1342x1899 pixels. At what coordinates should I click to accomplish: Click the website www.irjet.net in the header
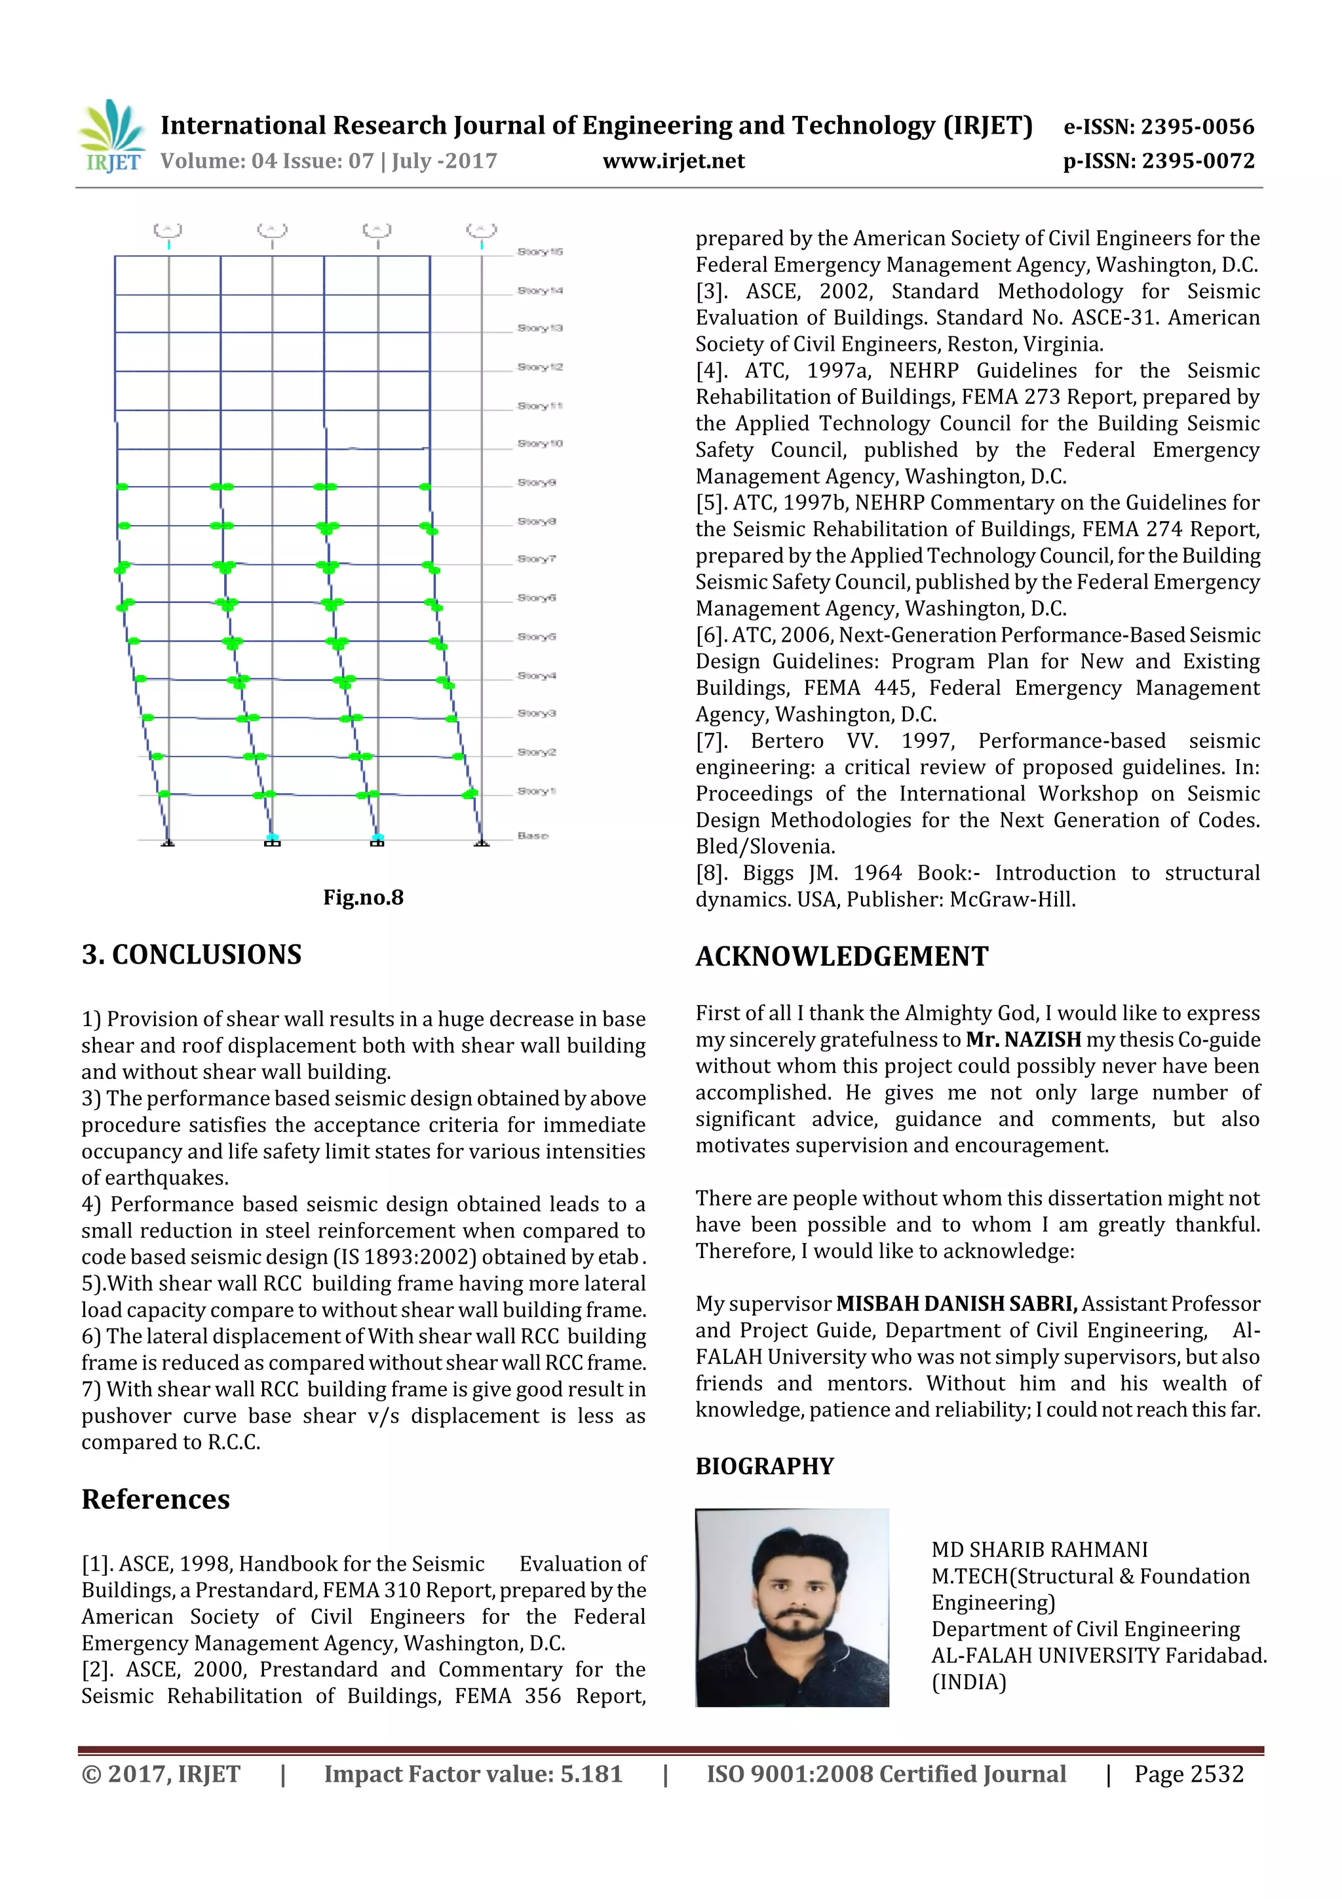673,161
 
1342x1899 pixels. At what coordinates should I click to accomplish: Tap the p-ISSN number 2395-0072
1197,161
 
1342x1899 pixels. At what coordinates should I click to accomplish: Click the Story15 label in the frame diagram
540,252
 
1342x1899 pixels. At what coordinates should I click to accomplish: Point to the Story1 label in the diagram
537,792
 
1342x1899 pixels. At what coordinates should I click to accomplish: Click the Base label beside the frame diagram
533,836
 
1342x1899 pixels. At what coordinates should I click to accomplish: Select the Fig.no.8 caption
363,897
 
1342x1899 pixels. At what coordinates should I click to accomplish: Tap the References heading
155,1500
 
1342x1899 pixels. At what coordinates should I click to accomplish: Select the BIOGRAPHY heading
764,1466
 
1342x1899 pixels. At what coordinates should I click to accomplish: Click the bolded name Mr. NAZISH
1023,1040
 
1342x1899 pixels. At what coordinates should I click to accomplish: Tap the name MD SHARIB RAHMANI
1039,1550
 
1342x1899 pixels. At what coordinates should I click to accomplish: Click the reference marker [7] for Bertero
713,741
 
